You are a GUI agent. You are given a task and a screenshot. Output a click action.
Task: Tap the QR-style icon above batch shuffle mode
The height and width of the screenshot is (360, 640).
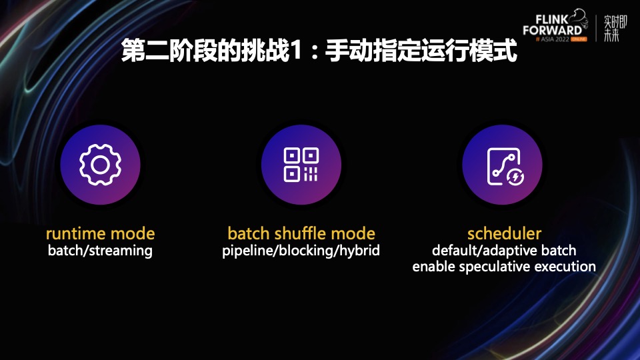coord(301,165)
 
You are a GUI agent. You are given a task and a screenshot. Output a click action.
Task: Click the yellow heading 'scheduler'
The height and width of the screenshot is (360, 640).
coord(504,233)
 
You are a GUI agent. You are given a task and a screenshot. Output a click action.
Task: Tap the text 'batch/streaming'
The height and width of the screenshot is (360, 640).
coord(100,251)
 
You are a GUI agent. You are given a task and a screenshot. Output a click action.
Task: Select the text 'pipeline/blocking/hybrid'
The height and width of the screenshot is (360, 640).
coord(301,251)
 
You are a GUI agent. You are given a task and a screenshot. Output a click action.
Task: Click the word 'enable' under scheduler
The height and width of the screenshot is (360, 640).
coord(433,267)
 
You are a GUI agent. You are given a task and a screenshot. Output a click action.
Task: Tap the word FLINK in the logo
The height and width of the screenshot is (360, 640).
coord(552,19)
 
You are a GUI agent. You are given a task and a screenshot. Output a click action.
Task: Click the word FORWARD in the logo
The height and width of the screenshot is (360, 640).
coord(552,30)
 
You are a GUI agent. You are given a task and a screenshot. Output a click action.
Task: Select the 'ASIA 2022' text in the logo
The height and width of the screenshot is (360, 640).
coord(555,39)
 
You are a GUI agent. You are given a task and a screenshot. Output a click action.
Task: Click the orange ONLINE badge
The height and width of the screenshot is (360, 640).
coord(579,39)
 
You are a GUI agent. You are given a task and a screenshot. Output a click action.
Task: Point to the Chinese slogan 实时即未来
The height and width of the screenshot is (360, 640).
coord(615,28)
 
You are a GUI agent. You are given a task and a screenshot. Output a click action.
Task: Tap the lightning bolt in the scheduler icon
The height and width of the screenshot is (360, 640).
coord(515,177)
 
